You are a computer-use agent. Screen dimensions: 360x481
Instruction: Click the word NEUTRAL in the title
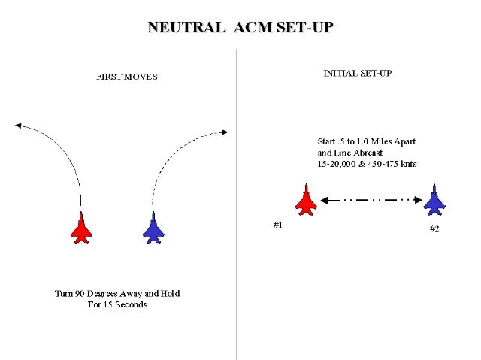point(186,28)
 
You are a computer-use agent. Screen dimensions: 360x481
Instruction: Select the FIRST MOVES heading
point(127,77)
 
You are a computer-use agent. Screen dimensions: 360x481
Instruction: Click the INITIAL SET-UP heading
point(357,74)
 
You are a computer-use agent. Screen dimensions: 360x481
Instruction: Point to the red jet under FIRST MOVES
point(81,227)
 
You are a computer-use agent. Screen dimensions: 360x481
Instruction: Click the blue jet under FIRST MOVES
point(153,227)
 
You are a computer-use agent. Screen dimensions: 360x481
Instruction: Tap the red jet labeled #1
point(305,200)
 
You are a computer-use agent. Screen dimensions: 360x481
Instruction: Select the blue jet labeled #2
point(434,201)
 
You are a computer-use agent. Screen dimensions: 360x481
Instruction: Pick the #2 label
point(434,229)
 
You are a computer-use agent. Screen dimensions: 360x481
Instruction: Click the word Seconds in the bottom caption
point(129,304)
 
